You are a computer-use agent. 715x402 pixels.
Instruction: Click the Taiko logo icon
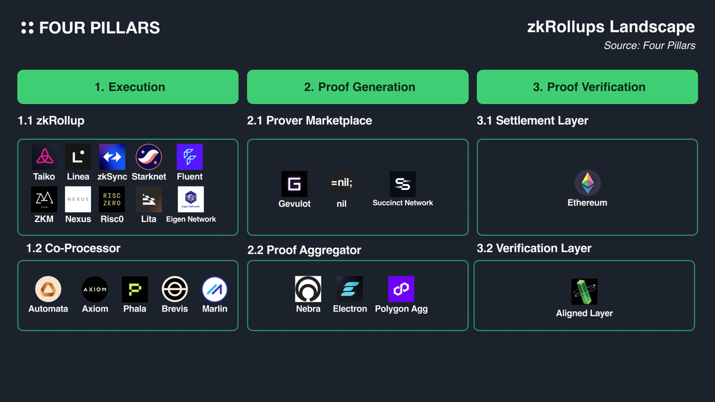(45, 157)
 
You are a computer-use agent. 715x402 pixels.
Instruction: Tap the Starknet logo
(149, 157)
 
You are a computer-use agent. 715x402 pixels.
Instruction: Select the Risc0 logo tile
(112, 200)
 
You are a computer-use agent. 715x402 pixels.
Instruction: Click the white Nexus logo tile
(78, 200)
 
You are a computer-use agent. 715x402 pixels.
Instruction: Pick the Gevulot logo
(294, 184)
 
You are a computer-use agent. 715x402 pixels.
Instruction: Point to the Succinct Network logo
(403, 184)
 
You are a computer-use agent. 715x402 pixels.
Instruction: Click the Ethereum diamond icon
(587, 183)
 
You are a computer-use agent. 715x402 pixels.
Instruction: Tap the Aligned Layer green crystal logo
(584, 292)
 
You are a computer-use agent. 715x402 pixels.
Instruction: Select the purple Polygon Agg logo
(401, 289)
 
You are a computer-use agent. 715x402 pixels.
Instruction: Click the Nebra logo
(308, 289)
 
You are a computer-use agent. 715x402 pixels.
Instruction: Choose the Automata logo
(48, 289)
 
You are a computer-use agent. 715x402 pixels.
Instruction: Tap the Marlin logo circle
(215, 289)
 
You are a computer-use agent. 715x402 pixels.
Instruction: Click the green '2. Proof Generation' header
(358, 87)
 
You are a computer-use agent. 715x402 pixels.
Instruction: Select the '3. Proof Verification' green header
(587, 87)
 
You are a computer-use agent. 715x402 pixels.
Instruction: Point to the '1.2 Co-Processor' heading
(73, 248)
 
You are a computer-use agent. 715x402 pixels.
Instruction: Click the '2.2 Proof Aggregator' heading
(304, 250)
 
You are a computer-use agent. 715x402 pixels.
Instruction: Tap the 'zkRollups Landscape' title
(611, 27)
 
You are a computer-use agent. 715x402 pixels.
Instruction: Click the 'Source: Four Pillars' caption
(649, 46)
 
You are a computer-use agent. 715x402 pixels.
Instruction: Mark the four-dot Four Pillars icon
(27, 28)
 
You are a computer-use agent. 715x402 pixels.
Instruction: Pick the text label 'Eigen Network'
(191, 219)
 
